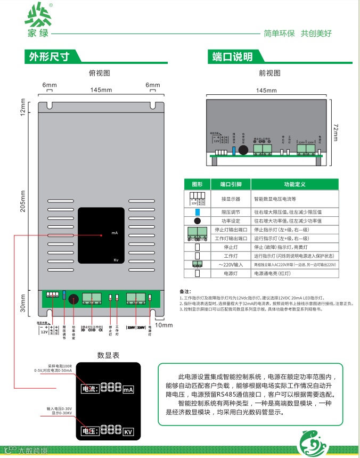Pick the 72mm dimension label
(336, 132)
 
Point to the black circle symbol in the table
(197, 220)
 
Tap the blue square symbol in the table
(197, 212)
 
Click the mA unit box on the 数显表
(128, 390)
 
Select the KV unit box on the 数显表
(128, 431)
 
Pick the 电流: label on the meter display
(89, 390)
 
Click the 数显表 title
(108, 355)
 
